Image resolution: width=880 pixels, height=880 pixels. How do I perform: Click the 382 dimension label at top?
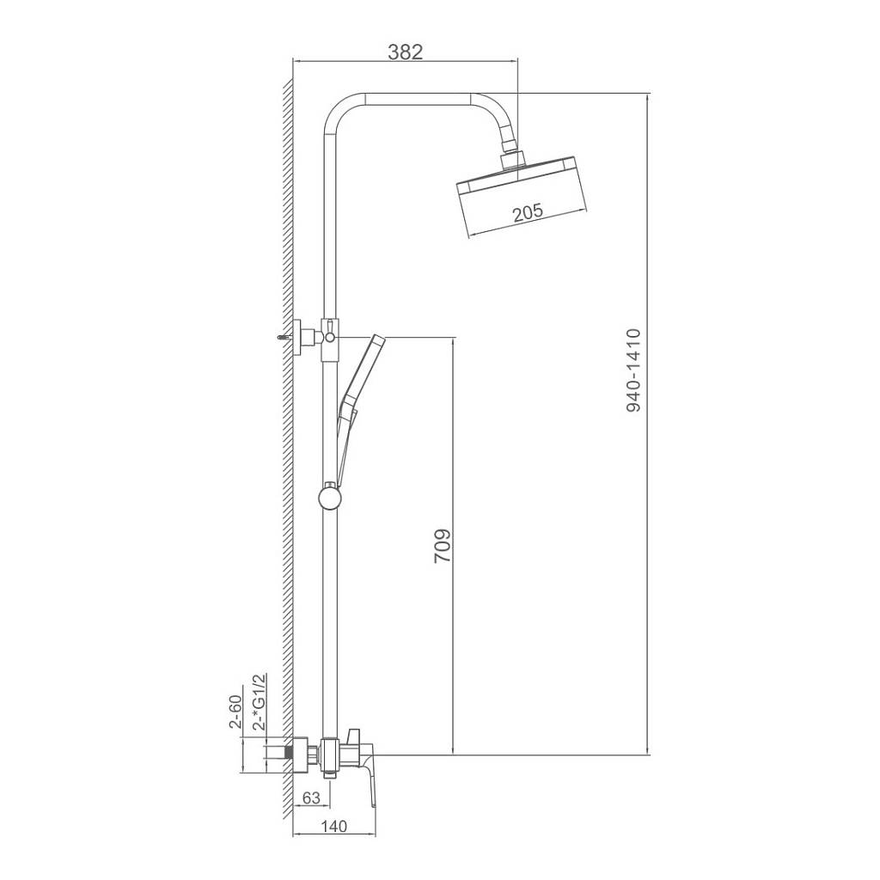tap(405, 52)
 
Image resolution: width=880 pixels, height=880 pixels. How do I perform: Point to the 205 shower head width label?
tap(528, 212)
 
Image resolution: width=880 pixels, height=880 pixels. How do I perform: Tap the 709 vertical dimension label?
tap(443, 545)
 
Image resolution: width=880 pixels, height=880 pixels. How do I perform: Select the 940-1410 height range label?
tap(633, 370)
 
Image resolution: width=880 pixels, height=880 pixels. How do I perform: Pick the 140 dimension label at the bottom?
tap(333, 826)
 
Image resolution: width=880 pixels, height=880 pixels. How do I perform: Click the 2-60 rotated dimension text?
tap(235, 712)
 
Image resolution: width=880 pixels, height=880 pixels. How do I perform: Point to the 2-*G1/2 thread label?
tap(259, 701)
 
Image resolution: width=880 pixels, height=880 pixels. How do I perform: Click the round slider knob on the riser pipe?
tap(328, 497)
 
